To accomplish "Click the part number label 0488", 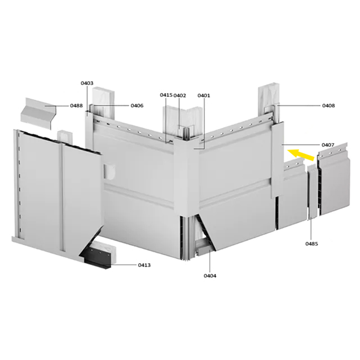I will [76, 106].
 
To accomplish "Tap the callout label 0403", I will [87, 83].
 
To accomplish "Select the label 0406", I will [137, 106].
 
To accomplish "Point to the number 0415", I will [166, 95].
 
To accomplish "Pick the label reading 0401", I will [204, 95].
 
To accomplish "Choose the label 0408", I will [328, 106].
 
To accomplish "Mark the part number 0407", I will [328, 145].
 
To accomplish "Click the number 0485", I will [311, 244].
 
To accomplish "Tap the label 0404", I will [210, 275].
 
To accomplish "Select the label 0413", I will [144, 265].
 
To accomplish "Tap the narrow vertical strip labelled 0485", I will [311, 191].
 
